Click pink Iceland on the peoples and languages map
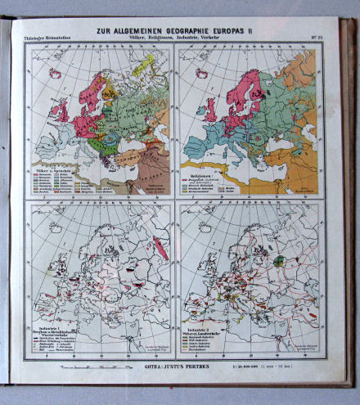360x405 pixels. point(56,73)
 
